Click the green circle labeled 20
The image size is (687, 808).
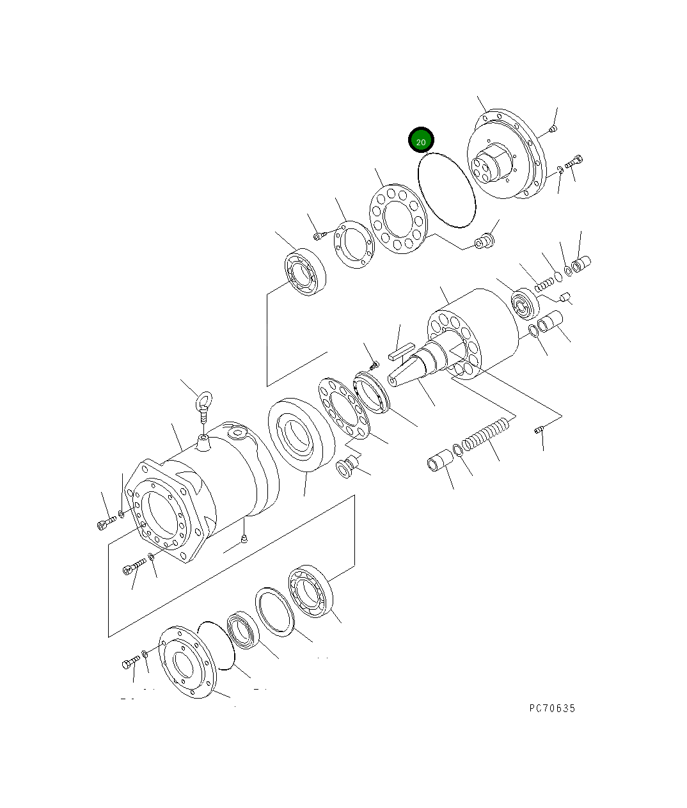tap(421, 141)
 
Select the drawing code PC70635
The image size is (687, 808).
tap(552, 708)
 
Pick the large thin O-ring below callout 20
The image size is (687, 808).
tap(446, 190)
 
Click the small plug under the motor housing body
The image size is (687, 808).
tap(243, 541)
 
